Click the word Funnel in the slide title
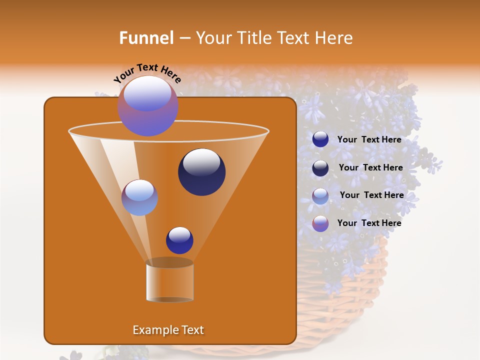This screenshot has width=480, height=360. click(146, 38)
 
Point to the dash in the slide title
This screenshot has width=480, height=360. click(184, 38)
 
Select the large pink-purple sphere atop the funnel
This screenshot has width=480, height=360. click(148, 106)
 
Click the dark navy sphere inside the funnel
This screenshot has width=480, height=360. click(202, 172)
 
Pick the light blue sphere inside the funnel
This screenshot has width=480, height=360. click(139, 197)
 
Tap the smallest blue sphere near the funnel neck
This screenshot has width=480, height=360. click(179, 240)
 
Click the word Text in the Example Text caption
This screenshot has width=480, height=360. click(192, 330)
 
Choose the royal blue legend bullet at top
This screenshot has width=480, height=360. click(320, 139)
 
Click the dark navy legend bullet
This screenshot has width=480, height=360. click(320, 168)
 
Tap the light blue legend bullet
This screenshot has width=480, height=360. click(320, 196)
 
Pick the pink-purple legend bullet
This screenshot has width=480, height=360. click(320, 223)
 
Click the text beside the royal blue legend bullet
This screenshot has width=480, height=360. click(369, 139)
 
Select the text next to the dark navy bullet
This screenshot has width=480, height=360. click(370, 167)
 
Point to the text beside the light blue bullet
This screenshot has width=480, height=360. click(371, 195)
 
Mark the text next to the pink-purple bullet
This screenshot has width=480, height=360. click(369, 223)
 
